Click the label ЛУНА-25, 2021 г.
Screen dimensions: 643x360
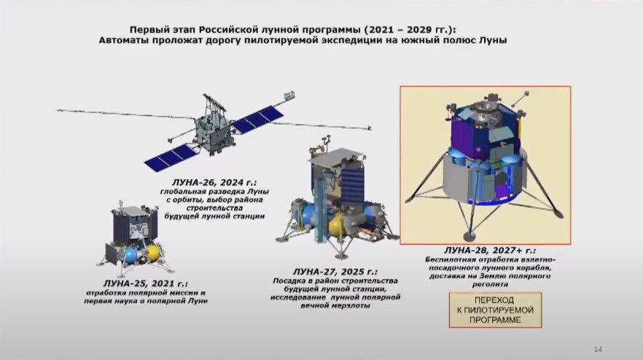tap(146, 283)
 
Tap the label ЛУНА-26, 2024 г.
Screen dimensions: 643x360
tap(214, 182)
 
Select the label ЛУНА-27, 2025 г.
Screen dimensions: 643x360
tap(335, 271)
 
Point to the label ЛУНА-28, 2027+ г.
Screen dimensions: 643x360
tap(490, 250)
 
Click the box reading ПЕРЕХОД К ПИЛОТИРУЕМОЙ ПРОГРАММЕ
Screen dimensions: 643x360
tap(496, 310)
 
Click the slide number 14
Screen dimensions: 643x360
tap(598, 349)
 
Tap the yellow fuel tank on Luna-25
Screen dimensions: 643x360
tap(152, 253)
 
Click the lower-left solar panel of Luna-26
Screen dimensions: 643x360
tap(170, 156)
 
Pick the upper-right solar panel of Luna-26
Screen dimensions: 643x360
tap(258, 119)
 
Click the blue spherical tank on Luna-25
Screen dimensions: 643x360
tap(130, 255)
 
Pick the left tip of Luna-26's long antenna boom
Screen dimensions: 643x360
tap(58, 110)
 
